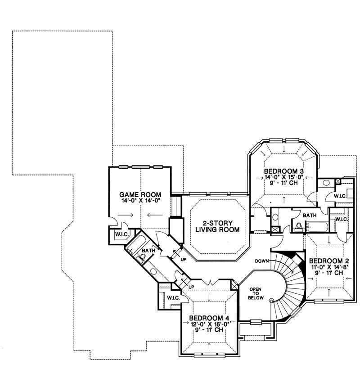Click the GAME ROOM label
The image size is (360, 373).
[140, 195]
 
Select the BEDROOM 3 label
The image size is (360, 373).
[284, 171]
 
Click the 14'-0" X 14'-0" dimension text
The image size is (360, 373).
[140, 201]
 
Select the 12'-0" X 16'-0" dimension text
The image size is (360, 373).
[209, 323]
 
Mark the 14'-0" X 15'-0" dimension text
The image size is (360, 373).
[284, 177]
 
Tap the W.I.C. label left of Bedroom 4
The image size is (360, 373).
[173, 298]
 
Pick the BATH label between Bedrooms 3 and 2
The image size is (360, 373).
[309, 216]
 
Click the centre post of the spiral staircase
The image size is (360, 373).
[271, 300]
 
